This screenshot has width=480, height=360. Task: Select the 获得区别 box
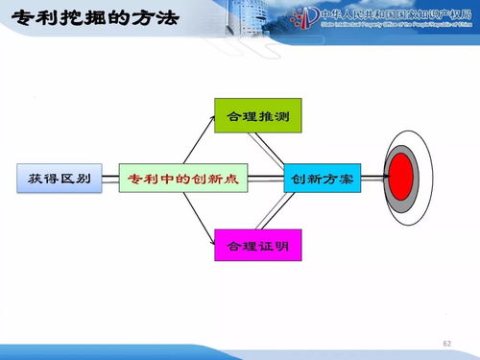pyautogui.click(x=60, y=180)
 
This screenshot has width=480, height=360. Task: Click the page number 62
pyautogui.click(x=446, y=344)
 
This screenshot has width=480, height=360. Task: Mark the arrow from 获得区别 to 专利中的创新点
pyautogui.click(x=110, y=180)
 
